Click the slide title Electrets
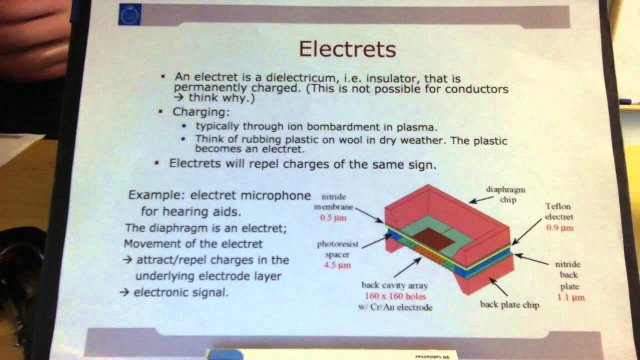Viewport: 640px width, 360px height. (x=347, y=49)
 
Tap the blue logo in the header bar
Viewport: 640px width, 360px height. (x=129, y=15)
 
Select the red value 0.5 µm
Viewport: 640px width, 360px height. (x=333, y=218)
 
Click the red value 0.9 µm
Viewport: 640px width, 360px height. (x=559, y=228)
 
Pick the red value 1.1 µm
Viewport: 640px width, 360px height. (x=571, y=297)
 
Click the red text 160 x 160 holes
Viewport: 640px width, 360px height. (x=394, y=296)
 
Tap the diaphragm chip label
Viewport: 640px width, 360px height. (x=505, y=194)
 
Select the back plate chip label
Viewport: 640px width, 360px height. (x=509, y=304)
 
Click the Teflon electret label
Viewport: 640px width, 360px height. (x=558, y=211)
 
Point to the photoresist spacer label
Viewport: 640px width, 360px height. (x=337, y=249)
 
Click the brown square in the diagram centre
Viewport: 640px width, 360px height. (x=432, y=239)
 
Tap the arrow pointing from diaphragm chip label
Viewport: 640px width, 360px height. (x=480, y=199)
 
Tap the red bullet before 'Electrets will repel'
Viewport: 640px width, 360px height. (x=157, y=163)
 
